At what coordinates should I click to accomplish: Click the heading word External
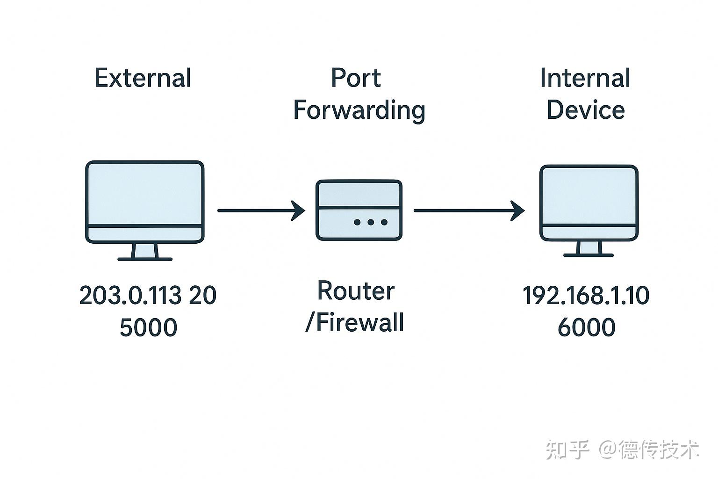tap(143, 78)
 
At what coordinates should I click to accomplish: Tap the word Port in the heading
tap(356, 78)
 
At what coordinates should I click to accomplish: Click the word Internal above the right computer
tap(585, 78)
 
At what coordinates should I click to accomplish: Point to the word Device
tap(586, 110)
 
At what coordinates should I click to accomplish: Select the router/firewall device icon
tap(359, 210)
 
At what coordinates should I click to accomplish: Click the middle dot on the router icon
tap(371, 222)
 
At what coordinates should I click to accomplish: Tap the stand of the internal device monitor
tap(589, 249)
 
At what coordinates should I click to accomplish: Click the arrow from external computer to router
tap(261, 210)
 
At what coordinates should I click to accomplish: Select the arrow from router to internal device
tap(469, 210)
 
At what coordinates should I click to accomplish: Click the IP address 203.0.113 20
tap(148, 295)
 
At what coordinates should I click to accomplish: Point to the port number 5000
tap(148, 327)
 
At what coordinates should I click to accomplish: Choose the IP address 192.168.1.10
tap(586, 295)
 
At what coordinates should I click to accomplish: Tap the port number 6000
tap(587, 327)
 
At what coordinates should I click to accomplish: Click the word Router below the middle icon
tap(356, 291)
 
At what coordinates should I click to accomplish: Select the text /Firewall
tap(354, 322)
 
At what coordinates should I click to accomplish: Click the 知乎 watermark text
tap(567, 450)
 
